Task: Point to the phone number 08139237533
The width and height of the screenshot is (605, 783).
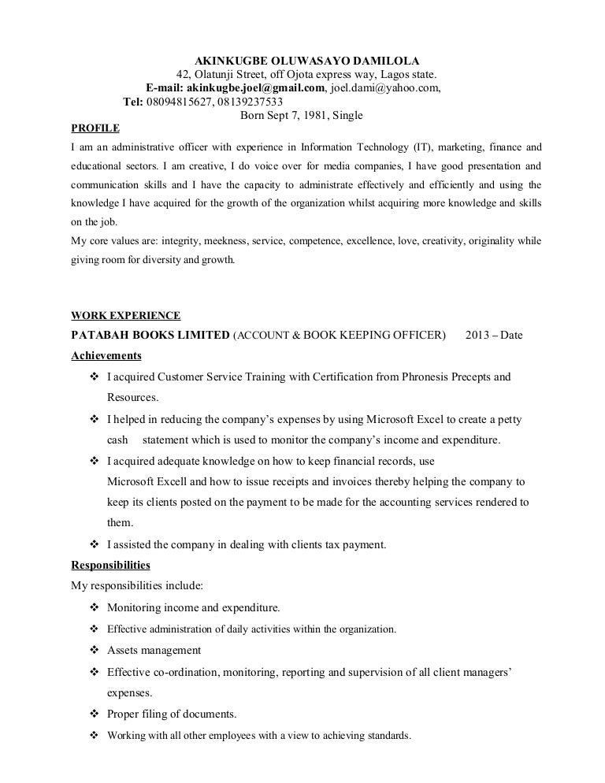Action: tap(246, 102)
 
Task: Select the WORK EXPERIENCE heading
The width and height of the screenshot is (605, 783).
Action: tap(125, 316)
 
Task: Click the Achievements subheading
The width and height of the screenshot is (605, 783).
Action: tap(106, 355)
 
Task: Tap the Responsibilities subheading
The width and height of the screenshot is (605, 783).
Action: tap(110, 566)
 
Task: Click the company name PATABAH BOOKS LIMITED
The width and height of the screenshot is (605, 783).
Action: tap(150, 336)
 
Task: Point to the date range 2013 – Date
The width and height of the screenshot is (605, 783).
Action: tap(494, 336)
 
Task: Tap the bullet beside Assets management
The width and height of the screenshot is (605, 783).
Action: tap(94, 651)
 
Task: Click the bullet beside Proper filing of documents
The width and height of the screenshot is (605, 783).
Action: tap(94, 714)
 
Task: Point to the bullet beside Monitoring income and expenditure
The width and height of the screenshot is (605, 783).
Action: tap(94, 608)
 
